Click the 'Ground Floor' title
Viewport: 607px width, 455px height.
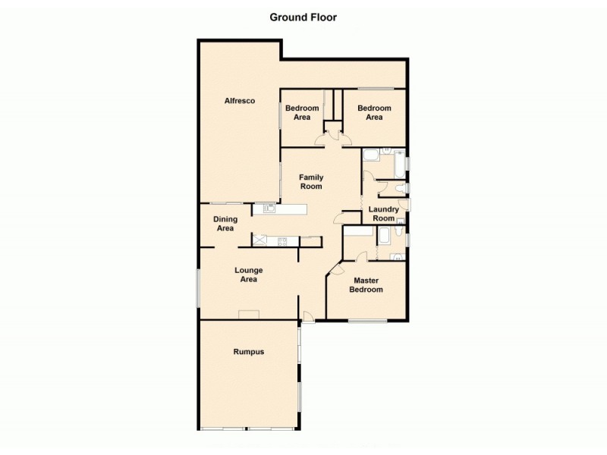pyautogui.click(x=303, y=17)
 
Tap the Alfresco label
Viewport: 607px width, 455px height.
pyautogui.click(x=239, y=101)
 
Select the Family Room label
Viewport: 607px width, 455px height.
pyautogui.click(x=311, y=181)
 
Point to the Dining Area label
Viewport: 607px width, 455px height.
pyautogui.click(x=225, y=224)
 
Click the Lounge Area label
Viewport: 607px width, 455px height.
pyautogui.click(x=248, y=275)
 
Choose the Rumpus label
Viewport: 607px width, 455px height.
pyautogui.click(x=249, y=352)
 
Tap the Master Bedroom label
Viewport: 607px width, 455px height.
pyautogui.click(x=366, y=284)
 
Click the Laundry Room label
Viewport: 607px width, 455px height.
pyautogui.click(x=383, y=214)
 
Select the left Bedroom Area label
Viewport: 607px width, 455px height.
pyautogui.click(x=301, y=113)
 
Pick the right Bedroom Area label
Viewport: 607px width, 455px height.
pyautogui.click(x=374, y=113)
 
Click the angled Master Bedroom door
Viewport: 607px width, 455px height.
pyautogui.click(x=337, y=268)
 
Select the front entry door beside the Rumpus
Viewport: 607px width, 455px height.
pyautogui.click(x=307, y=316)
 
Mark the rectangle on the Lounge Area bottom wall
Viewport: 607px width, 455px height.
pyautogui.click(x=248, y=315)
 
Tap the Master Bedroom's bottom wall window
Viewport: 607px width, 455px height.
pyautogui.click(x=367, y=321)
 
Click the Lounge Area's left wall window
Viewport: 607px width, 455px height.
pyautogui.click(x=199, y=288)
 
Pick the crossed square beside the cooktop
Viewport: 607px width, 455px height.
pyautogui.click(x=261, y=241)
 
